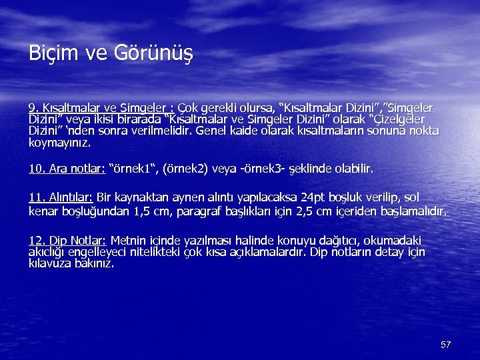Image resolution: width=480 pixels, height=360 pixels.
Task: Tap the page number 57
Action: pos(446,345)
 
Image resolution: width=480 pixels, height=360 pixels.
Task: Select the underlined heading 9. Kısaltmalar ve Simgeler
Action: pos(101,108)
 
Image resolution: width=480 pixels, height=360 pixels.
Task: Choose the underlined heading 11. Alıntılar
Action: pos(61,197)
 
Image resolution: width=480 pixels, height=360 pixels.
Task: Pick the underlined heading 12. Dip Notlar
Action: pos(67,240)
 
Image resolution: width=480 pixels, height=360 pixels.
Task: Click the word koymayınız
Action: pos(59,142)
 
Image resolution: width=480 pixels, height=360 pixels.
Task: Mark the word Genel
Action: pos(218,131)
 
